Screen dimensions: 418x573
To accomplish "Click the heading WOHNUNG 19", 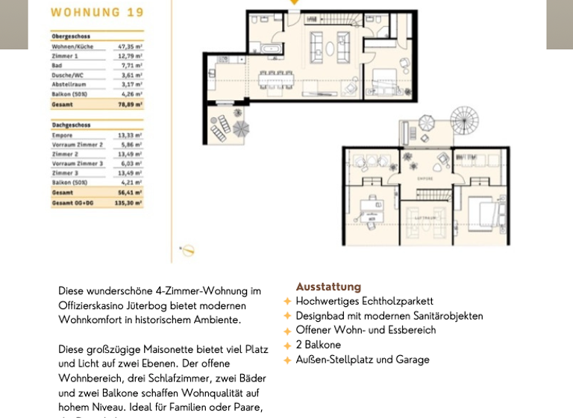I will (x=97, y=12).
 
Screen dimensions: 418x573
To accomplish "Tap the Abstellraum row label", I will (x=68, y=85).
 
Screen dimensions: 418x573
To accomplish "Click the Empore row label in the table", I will (x=63, y=136).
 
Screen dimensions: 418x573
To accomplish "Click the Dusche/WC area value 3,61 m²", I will (x=131, y=75).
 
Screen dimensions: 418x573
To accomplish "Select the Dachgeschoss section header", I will (x=72, y=125).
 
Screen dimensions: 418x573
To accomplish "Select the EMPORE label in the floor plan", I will (x=425, y=179).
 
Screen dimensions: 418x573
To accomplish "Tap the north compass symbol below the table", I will (x=188, y=251).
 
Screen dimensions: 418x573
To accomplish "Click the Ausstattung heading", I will (x=328, y=287).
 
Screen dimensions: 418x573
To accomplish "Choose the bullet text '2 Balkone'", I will (x=318, y=345).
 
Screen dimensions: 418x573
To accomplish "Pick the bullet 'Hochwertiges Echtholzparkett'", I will (x=364, y=302).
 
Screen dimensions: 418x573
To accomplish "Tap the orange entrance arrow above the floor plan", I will (x=294, y=2).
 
